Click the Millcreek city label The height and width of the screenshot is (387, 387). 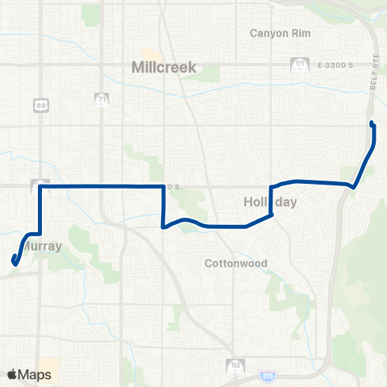coord(164,69)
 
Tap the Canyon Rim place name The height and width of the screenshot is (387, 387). coord(279,33)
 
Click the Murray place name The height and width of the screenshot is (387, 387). coord(42,246)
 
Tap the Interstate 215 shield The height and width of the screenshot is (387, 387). coord(268,375)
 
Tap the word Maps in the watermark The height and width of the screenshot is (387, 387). coord(36,375)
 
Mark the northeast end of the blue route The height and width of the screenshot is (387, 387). coord(371,123)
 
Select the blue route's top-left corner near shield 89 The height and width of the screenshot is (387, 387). coord(40,186)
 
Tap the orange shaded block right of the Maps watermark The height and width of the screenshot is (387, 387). coord(49,368)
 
